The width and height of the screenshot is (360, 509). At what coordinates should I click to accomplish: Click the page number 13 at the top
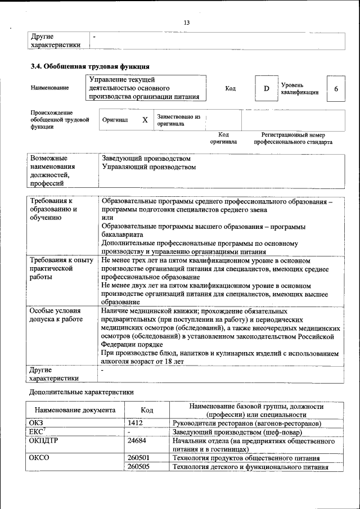pyautogui.click(x=187, y=22)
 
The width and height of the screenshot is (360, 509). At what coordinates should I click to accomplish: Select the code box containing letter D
pyautogui.click(x=267, y=89)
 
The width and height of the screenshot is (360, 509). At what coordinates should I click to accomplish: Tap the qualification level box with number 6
pyautogui.click(x=336, y=89)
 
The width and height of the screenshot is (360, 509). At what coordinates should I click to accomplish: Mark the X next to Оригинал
pyautogui.click(x=145, y=120)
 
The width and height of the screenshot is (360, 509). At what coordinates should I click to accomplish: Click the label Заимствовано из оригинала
pyautogui.click(x=178, y=120)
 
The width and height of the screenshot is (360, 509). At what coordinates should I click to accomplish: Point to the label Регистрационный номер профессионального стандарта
pyautogui.click(x=292, y=139)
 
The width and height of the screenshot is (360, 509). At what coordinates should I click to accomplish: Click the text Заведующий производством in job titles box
pyautogui.click(x=142, y=159)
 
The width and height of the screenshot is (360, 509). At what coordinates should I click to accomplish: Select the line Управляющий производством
pyautogui.click(x=149, y=167)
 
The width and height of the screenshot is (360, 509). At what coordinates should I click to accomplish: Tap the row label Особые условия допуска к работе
pyautogui.click(x=56, y=315)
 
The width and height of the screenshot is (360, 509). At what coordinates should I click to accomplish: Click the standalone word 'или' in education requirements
pyautogui.click(x=106, y=218)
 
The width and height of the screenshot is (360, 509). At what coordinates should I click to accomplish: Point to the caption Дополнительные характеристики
pyautogui.click(x=82, y=391)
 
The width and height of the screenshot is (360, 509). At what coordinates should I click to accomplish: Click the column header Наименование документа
pyautogui.click(x=75, y=411)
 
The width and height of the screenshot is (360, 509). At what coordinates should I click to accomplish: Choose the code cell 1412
pyautogui.click(x=136, y=422)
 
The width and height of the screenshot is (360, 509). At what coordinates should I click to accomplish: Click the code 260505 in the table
pyautogui.click(x=138, y=466)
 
